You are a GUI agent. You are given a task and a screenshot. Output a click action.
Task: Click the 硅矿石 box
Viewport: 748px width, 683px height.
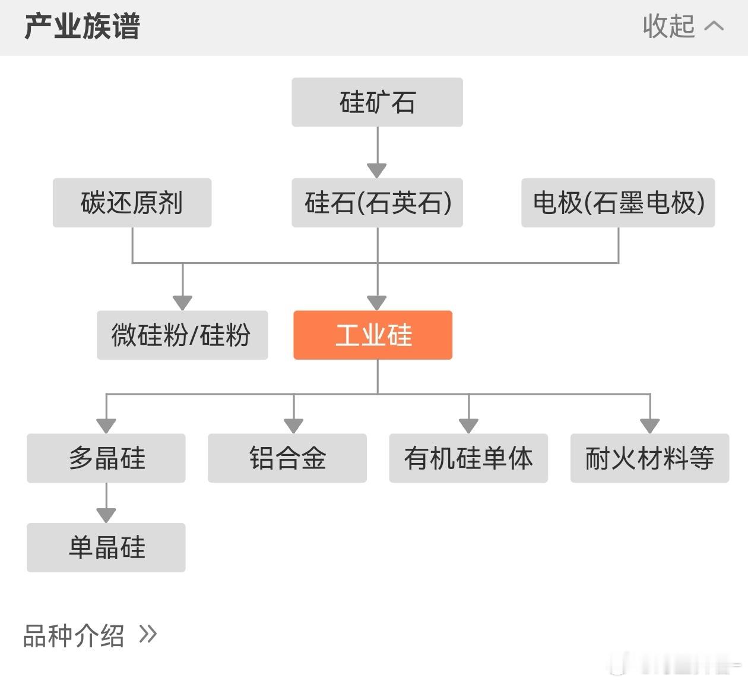coord(377,102)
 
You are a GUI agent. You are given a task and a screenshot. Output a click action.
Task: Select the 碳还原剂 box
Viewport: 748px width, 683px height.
coord(132,203)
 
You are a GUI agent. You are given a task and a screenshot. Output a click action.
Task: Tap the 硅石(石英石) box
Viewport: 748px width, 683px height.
coord(377,203)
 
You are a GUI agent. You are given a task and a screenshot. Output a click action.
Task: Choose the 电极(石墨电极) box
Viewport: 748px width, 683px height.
coord(618,203)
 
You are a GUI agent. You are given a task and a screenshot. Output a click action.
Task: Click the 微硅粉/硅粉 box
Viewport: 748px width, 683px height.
coord(182,335)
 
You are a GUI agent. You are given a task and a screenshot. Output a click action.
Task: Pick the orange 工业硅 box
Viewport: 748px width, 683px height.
coord(373,335)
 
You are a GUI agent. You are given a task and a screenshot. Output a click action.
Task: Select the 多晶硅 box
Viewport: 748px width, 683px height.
coord(106,458)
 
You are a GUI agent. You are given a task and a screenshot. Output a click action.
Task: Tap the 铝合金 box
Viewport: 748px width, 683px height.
coord(287,458)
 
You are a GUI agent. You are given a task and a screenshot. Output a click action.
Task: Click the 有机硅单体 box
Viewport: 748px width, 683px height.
coord(468,458)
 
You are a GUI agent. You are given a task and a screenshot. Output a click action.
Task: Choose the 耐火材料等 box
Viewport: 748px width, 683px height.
coord(649,458)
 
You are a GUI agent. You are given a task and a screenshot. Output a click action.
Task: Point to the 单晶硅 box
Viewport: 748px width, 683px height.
coord(106,547)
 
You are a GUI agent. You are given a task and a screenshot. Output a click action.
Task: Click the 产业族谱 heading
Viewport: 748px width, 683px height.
coord(82,27)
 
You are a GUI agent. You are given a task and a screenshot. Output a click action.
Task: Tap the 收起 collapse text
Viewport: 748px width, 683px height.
coord(668,27)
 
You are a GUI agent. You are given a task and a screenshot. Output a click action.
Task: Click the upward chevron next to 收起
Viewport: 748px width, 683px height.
coord(714,26)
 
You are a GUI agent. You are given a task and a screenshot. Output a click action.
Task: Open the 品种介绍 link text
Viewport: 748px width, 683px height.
coord(74,635)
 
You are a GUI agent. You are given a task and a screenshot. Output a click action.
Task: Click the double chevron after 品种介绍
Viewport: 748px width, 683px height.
coord(148,634)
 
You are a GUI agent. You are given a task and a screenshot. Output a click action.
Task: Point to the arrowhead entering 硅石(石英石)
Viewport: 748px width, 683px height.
coord(377,171)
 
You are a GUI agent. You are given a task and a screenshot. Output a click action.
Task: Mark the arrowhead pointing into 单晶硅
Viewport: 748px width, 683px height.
coord(106,515)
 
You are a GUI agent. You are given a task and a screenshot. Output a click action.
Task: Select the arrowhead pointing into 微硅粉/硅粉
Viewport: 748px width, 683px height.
coord(182,303)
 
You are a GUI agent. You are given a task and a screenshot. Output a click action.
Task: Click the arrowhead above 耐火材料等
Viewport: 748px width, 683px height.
coord(650,426)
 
